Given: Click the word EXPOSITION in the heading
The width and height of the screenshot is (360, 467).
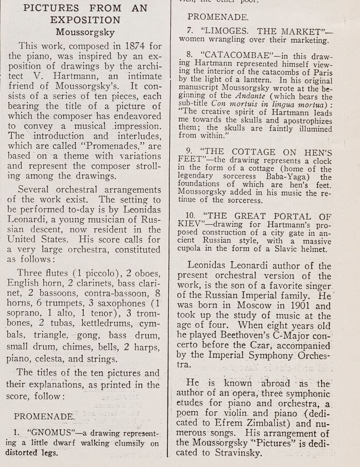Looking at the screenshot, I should [85, 20].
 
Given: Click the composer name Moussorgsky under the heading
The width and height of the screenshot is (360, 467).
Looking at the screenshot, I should [85, 31].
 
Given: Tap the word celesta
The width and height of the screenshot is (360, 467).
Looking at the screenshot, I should [55, 359].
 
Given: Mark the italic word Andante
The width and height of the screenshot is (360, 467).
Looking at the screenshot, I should [251, 96].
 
